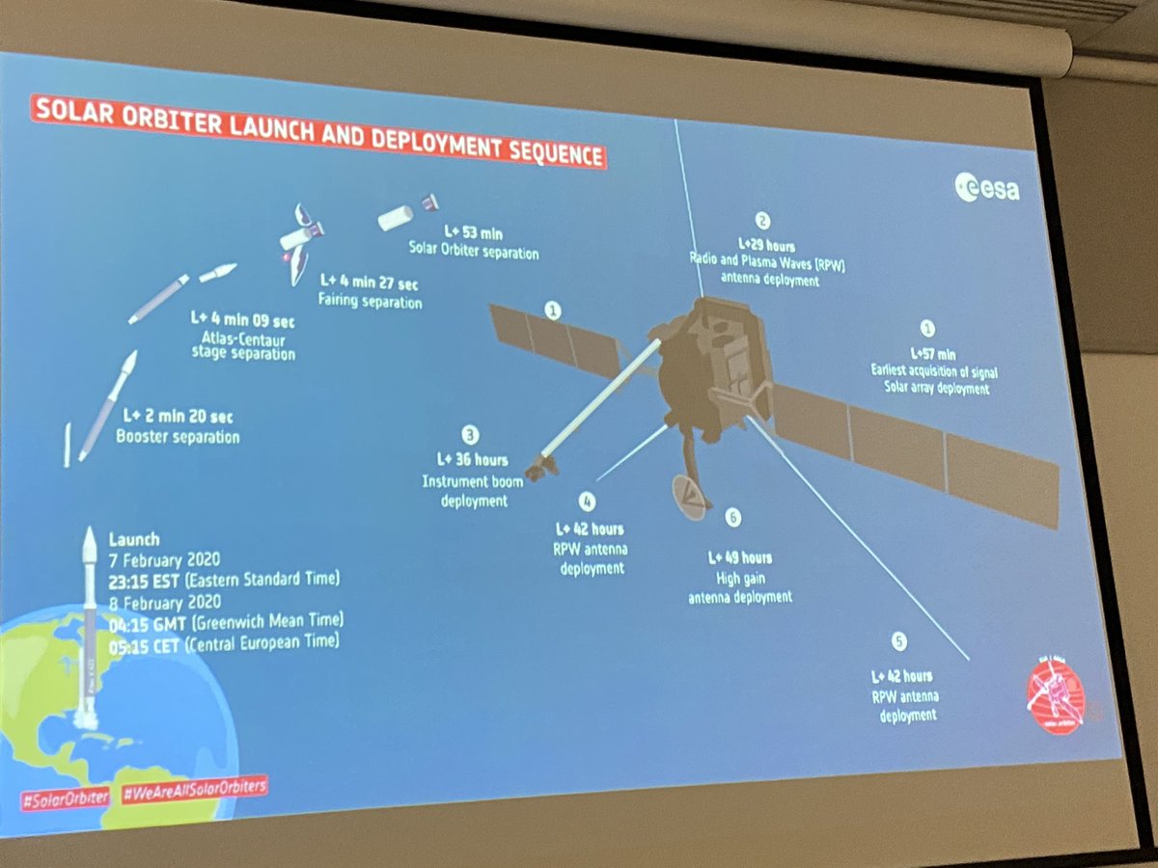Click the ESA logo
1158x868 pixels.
[x=987, y=187]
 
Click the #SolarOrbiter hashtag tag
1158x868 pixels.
[x=65, y=799]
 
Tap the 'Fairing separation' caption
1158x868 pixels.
[x=372, y=302]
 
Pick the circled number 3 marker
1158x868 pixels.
[x=470, y=434]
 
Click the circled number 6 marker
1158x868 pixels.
[x=732, y=519]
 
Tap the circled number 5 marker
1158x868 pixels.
[x=899, y=641]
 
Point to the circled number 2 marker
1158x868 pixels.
[x=762, y=222]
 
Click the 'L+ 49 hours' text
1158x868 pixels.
[x=739, y=557]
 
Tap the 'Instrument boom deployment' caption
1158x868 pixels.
[x=464, y=491]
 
